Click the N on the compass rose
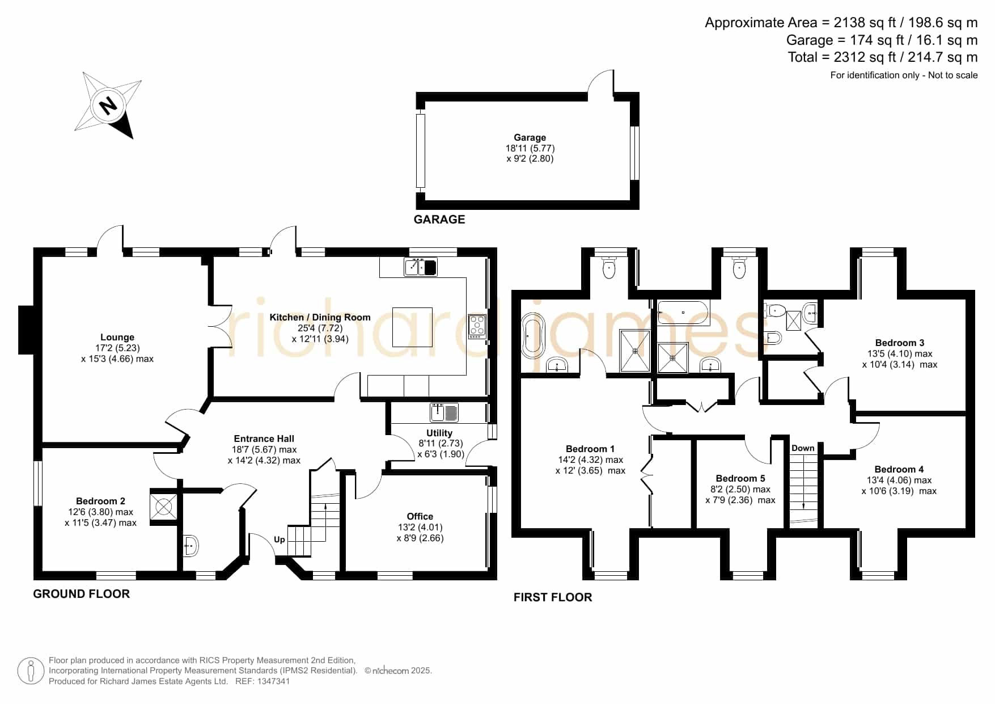tap(108, 106)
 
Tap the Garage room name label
tap(530, 137)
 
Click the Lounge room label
tap(117, 337)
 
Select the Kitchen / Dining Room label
tap(320, 317)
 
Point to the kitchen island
tap(413, 327)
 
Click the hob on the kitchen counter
tap(477, 327)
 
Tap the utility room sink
tap(444, 412)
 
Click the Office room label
tap(420, 516)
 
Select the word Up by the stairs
tap(280, 539)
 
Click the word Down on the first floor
tap(803, 448)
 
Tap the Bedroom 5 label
tap(740, 478)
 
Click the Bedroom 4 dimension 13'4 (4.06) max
tap(899, 480)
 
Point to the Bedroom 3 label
tap(900, 343)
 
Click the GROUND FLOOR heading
tap(82, 594)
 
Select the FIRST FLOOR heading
tap(553, 597)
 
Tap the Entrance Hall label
tap(264, 439)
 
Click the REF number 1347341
tap(274, 681)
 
